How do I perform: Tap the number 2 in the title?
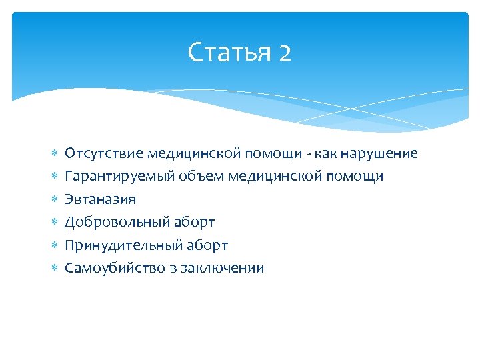point(285,52)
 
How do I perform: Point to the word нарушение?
point(379,153)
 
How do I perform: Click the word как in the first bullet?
point(324,153)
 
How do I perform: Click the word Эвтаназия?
point(100,199)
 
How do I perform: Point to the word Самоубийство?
point(111,268)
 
